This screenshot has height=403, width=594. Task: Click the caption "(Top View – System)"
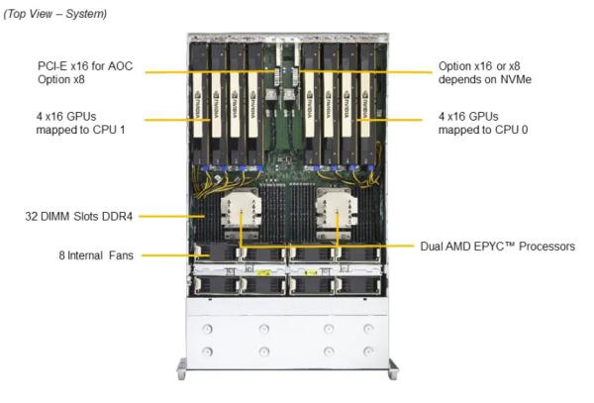[55, 14]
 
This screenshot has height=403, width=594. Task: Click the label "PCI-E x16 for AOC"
[85, 66]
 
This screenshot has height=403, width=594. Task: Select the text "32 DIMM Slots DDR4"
[79, 216]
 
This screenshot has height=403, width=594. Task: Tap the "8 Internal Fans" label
[96, 255]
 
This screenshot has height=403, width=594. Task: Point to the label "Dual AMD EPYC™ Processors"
[497, 247]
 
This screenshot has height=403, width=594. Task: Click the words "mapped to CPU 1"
[80, 130]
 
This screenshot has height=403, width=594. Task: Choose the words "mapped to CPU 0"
[483, 130]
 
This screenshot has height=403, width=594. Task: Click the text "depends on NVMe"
[485, 79]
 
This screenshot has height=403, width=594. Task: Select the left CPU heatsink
[241, 213]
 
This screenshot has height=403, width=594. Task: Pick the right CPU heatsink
[337, 213]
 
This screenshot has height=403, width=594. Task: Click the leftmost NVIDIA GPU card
[199, 104]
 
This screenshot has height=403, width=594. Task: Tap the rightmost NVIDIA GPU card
[366, 104]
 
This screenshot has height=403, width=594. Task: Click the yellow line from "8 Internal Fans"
[175, 255]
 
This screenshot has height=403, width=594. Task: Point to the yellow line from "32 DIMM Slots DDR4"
[171, 216]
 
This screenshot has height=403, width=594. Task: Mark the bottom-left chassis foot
[182, 369]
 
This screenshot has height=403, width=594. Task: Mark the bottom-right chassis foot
[393, 369]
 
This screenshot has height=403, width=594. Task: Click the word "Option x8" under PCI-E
[61, 79]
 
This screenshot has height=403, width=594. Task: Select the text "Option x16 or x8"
[479, 66]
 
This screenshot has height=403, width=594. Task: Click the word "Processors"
[547, 247]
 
